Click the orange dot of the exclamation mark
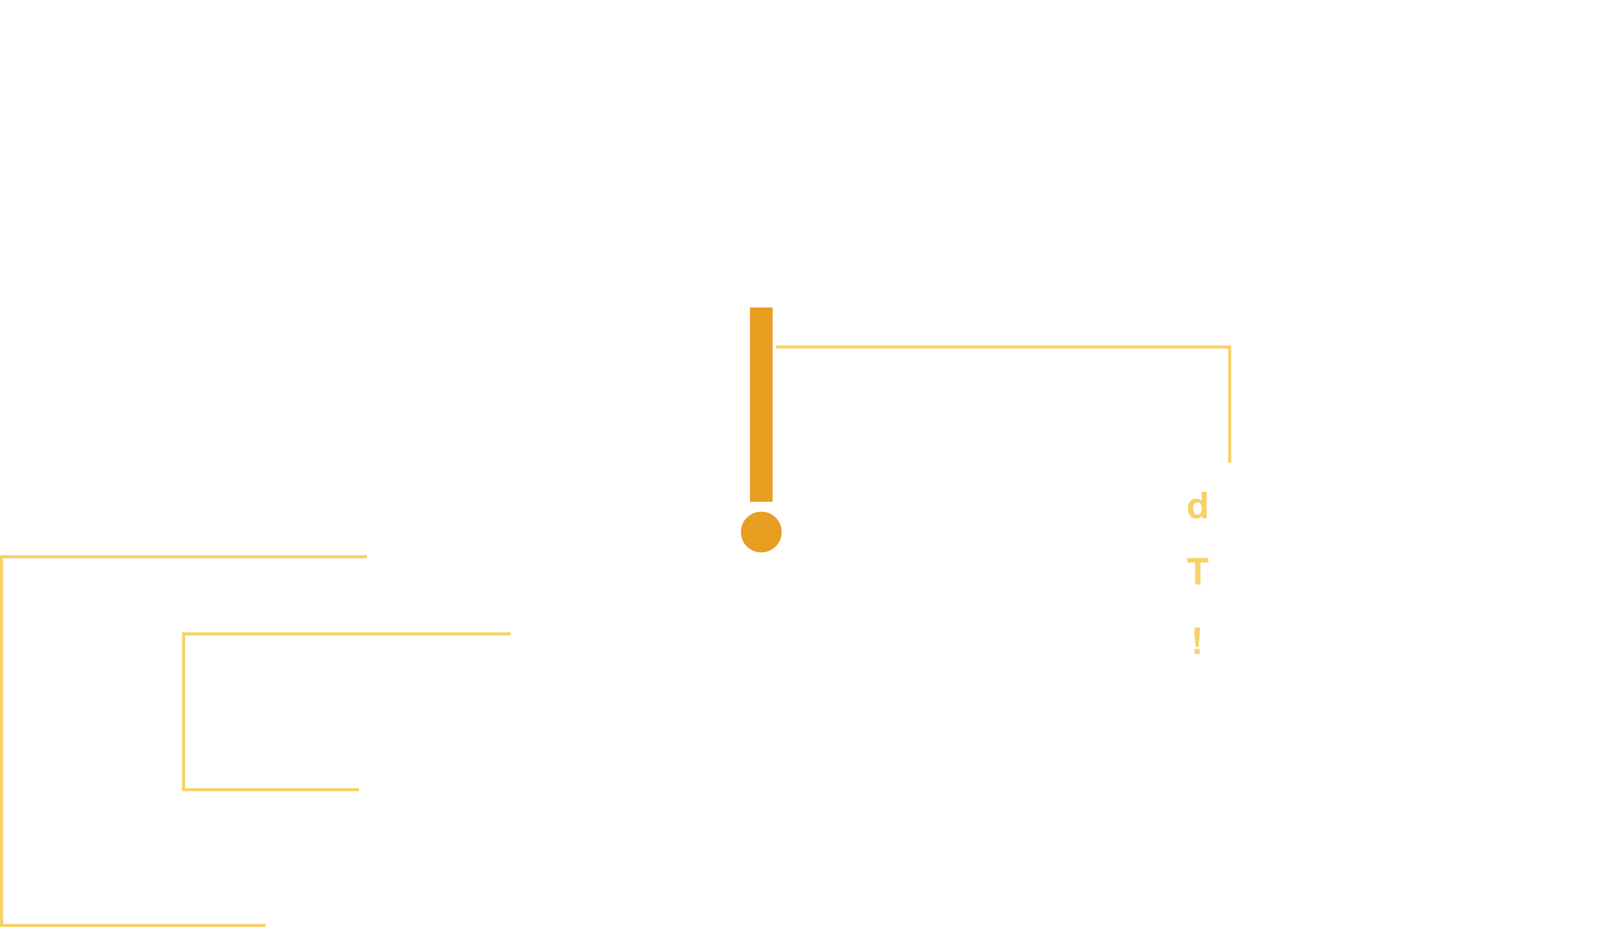(x=761, y=531)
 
